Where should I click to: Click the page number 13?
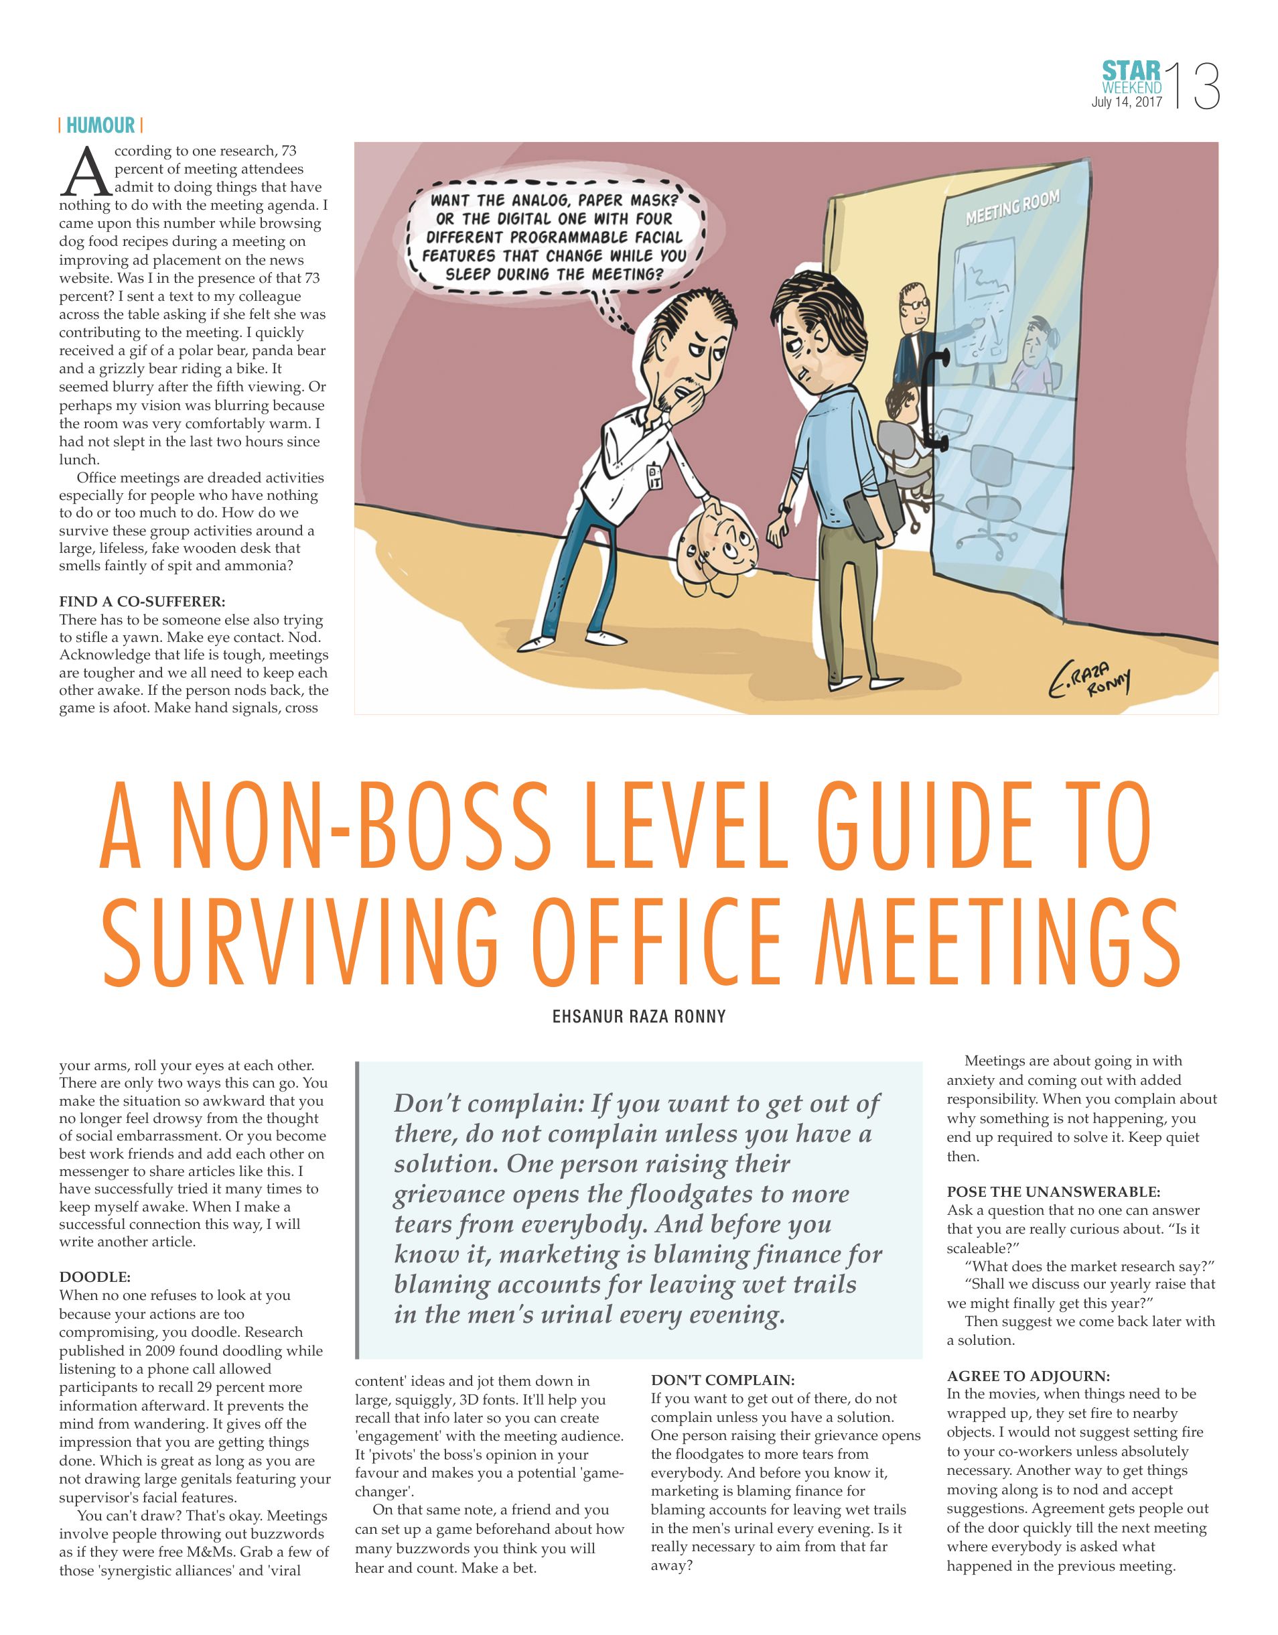click(1195, 88)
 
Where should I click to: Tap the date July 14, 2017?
click(1127, 103)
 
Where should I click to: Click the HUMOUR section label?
click(100, 125)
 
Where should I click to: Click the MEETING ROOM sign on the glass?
click(1012, 206)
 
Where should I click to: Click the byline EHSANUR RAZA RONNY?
click(638, 1017)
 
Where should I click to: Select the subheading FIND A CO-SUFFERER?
click(142, 601)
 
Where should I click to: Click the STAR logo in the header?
click(1131, 71)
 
